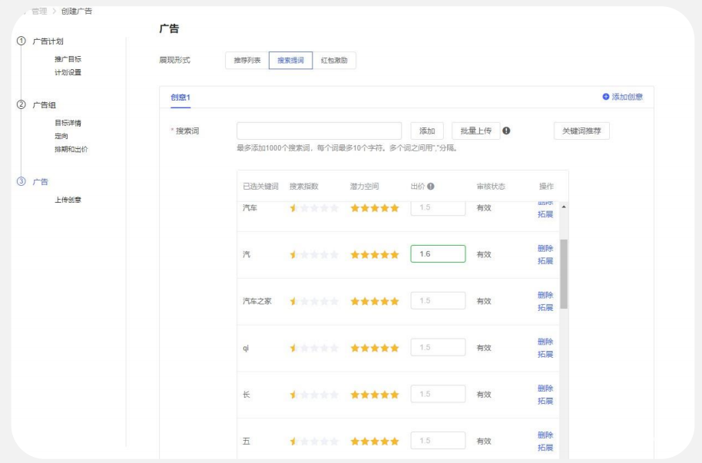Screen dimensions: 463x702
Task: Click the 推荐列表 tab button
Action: [x=247, y=60]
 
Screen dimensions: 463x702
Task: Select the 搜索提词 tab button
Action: [x=290, y=60]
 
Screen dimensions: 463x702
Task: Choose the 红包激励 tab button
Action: [x=334, y=60]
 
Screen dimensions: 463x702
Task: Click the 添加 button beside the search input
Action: [x=427, y=131]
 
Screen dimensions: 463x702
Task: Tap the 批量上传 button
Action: [x=475, y=131]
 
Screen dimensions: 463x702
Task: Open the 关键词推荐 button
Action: [x=581, y=131]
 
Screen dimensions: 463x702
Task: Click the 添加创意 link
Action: [x=623, y=97]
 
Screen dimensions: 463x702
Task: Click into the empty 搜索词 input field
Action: [x=319, y=131]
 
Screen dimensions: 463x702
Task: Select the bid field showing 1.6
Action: [x=438, y=254]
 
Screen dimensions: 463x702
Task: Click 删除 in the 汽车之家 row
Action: [x=545, y=295]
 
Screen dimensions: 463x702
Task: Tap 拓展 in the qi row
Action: [x=545, y=354]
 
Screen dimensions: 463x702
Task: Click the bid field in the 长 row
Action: [x=438, y=394]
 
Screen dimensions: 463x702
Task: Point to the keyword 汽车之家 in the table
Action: [x=257, y=301]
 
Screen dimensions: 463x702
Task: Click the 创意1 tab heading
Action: [x=180, y=97]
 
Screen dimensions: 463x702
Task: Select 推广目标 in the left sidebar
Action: [x=68, y=59]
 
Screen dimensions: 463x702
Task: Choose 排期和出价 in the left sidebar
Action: [x=71, y=150]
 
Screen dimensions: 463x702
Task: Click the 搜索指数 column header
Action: [x=305, y=187]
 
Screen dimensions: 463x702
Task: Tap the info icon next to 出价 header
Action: [x=432, y=187]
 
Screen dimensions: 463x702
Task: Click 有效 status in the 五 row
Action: [x=484, y=441]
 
